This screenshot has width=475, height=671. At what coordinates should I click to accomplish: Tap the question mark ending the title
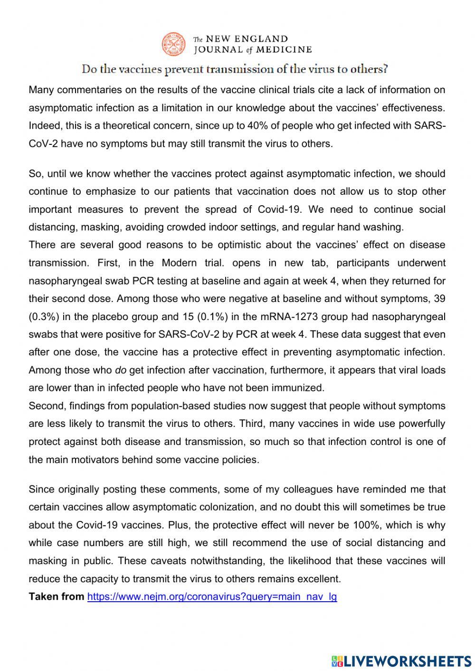[386, 69]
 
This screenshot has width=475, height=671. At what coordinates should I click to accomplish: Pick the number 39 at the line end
[439, 299]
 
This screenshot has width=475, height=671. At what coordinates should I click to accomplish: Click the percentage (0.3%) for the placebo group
[43, 317]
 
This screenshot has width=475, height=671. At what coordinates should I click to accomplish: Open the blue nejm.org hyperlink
[212, 596]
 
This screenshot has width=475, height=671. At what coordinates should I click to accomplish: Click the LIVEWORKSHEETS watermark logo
[401, 661]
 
